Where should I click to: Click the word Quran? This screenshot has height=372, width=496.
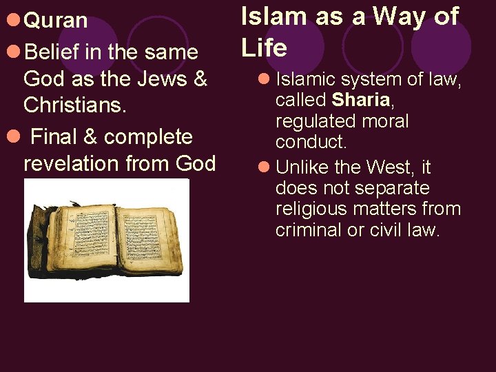(56, 21)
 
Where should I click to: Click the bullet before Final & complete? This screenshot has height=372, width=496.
(12, 136)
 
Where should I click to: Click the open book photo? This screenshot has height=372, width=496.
(106, 240)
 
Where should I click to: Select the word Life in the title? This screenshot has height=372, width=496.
(264, 48)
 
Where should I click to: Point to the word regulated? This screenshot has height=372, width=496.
(312, 122)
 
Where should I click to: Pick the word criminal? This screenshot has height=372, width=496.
(306, 230)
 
